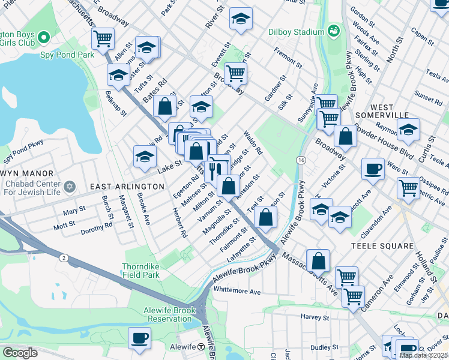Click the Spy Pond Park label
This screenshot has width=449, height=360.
coord(68,55)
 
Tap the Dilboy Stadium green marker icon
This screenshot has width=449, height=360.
coord(334,30)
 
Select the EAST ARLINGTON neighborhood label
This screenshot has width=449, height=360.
coord(127,187)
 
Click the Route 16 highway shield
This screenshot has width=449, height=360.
coord(300,160)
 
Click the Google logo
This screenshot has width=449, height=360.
coord(20,352)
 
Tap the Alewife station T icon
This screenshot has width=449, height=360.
coord(202,348)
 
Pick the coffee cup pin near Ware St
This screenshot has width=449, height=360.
coord(373,169)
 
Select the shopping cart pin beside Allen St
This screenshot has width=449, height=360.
coord(103,38)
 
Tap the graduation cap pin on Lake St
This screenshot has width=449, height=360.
coord(144,157)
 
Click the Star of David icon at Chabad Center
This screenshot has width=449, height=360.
coord(68,186)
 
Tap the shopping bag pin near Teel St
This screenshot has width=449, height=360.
coord(265,217)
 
